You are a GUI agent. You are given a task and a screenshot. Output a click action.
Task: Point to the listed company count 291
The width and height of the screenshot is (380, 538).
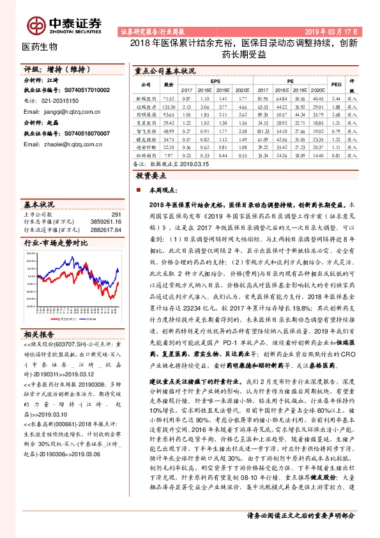click(116, 215)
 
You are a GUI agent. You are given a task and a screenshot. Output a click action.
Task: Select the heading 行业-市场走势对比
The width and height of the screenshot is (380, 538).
click(55, 243)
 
